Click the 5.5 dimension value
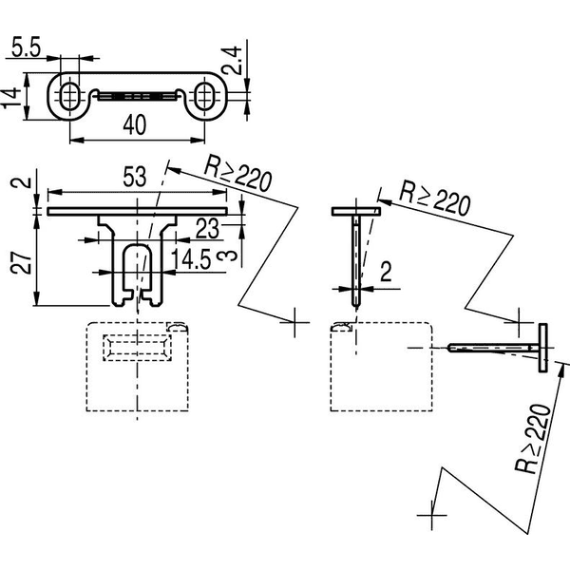(x=27, y=47)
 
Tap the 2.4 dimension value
(x=232, y=61)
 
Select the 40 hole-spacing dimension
(x=135, y=125)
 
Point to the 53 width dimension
(x=135, y=177)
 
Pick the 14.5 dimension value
(x=191, y=259)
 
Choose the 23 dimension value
(x=207, y=229)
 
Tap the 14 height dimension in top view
(x=10, y=97)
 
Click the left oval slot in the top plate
(x=69, y=96)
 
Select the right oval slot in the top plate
(x=204, y=96)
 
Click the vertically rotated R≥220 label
(x=533, y=439)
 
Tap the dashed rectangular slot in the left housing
(x=138, y=348)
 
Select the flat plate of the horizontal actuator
(x=542, y=348)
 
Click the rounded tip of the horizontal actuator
(x=450, y=348)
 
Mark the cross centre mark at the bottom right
(x=431, y=515)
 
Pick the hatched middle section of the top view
(x=138, y=96)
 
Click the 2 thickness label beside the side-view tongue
(x=386, y=272)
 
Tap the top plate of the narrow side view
(x=356, y=212)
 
